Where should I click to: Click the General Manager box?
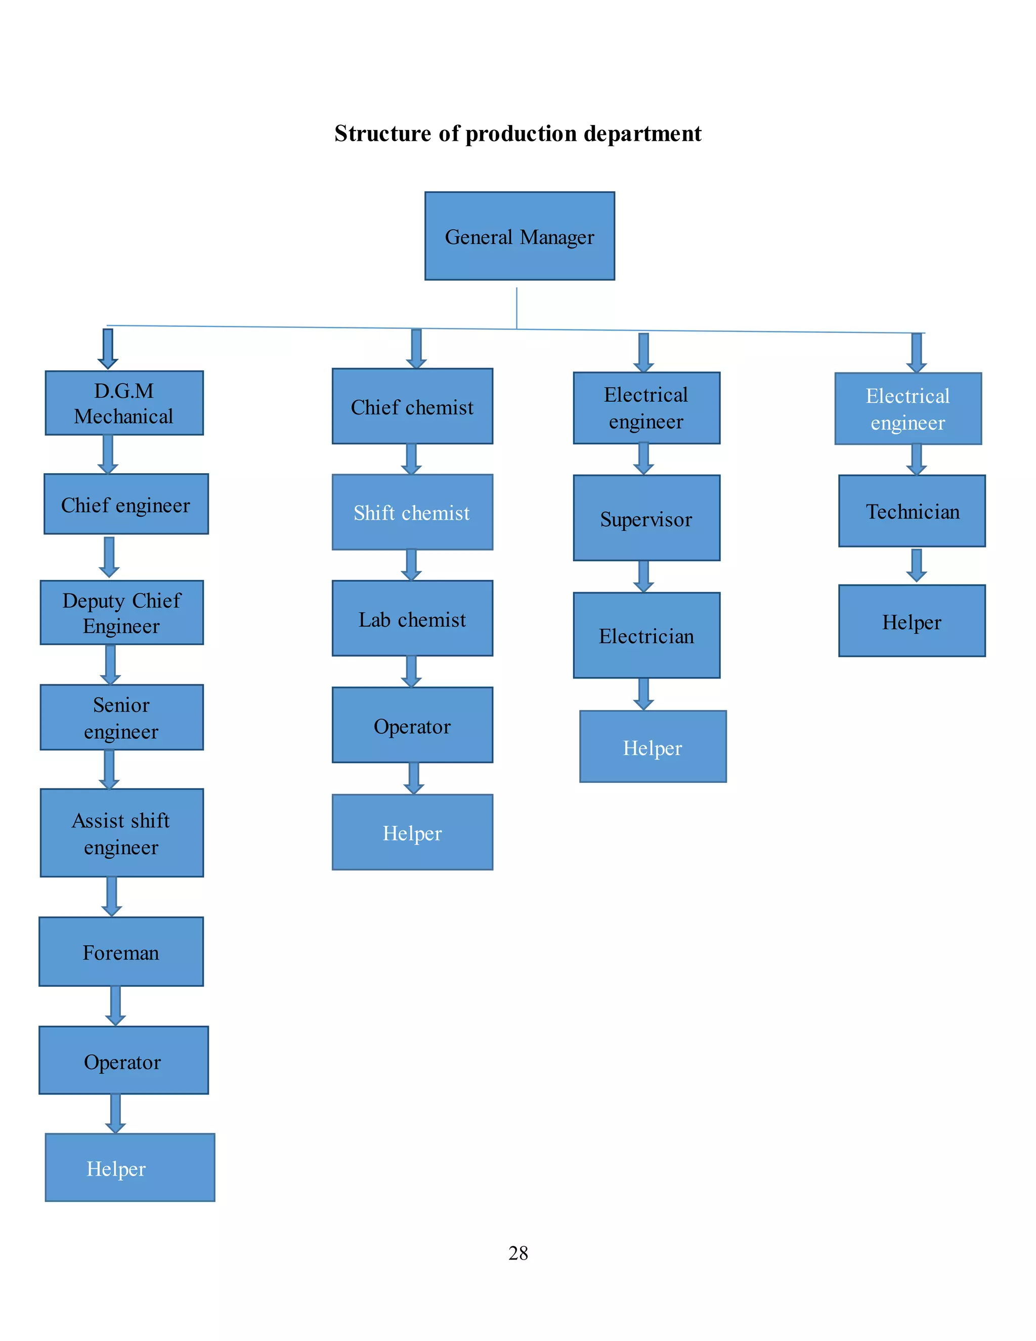pyautogui.click(x=519, y=236)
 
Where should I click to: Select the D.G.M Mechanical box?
pyautogui.click(x=124, y=403)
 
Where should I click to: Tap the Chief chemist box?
pyautogui.click(x=412, y=406)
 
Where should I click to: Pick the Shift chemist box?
pyautogui.click(x=412, y=512)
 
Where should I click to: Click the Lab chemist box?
pyautogui.click(x=412, y=618)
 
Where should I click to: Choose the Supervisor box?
pyautogui.click(x=646, y=518)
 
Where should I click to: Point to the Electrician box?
pyautogui.click(x=646, y=635)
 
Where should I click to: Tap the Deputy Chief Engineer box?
pyautogui.click(x=121, y=612)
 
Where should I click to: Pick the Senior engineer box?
pyautogui.click(x=121, y=717)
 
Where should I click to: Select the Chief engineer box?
pyautogui.click(x=126, y=504)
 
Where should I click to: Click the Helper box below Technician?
pyautogui.click(x=912, y=621)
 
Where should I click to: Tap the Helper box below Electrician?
pyautogui.click(x=653, y=746)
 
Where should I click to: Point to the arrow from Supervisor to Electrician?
pyautogui.click(x=643, y=576)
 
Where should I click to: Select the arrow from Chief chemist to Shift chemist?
pyautogui.click(x=411, y=458)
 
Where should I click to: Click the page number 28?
pyautogui.click(x=518, y=1252)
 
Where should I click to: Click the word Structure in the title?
pyautogui.click(x=383, y=133)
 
